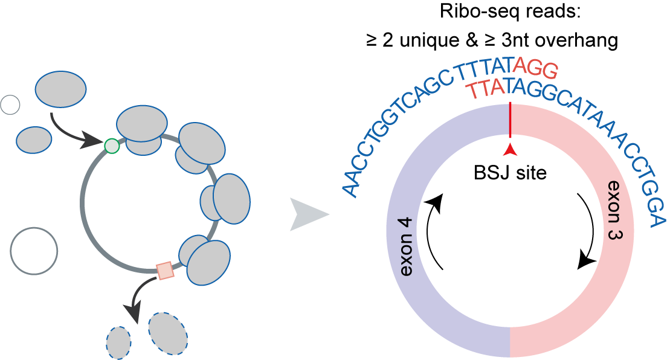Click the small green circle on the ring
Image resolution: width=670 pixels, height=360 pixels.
click(112, 146)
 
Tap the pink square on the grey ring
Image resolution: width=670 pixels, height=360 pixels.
click(165, 271)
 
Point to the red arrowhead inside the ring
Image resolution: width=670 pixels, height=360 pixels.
click(511, 150)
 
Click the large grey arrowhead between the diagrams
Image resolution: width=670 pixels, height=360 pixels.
click(308, 214)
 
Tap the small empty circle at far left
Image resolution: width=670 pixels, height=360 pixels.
click(10, 105)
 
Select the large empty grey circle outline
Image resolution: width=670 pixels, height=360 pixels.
click(34, 251)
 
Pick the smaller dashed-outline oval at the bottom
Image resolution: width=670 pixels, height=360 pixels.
click(118, 343)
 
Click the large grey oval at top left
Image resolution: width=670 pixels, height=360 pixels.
click(60, 89)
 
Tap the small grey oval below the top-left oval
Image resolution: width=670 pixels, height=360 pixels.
click(34, 140)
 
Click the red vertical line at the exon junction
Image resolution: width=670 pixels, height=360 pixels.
click(511, 121)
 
